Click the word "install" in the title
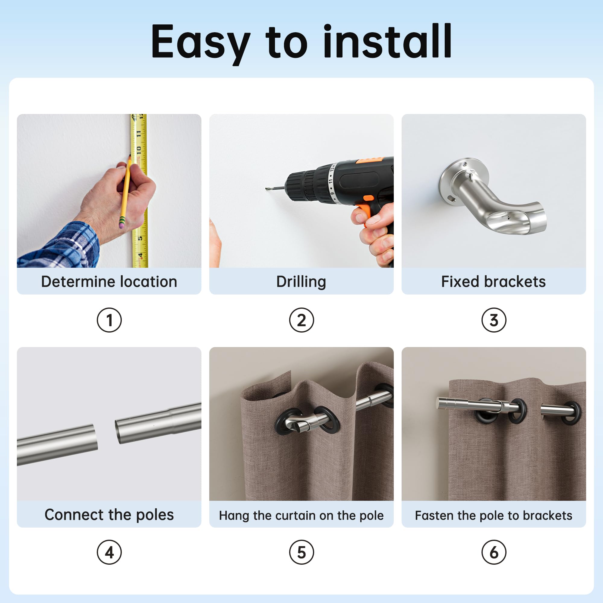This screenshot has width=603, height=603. click(387, 41)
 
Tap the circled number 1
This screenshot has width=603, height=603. click(109, 320)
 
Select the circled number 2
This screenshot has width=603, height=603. click(301, 320)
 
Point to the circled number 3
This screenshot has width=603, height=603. click(494, 320)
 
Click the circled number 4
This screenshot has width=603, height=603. click(109, 552)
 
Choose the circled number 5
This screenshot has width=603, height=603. click(301, 552)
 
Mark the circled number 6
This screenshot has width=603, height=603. click(494, 552)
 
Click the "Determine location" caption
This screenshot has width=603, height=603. click(109, 282)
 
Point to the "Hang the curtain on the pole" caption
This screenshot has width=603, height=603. click(301, 516)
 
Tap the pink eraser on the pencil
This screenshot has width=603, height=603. click(122, 224)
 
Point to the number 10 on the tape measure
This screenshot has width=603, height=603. click(139, 151)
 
